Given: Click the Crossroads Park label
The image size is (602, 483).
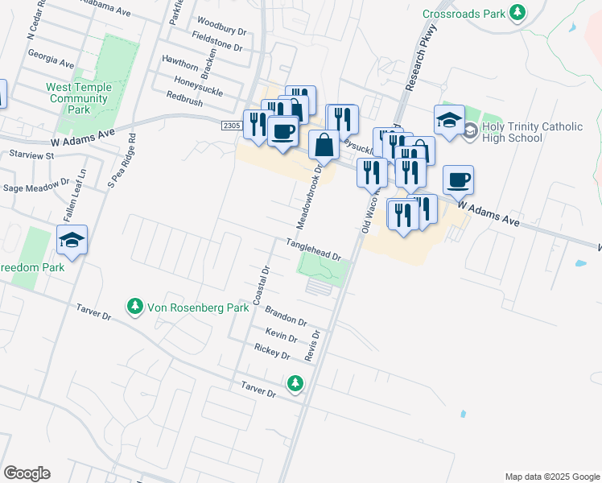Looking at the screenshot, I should (465, 14).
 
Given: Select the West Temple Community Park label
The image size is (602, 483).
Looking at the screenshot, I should (78, 98).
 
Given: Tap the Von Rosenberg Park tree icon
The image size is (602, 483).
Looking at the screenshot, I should (134, 307).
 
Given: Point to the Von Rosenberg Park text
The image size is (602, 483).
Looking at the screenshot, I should (188, 308).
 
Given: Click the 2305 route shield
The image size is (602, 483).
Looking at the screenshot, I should (232, 125).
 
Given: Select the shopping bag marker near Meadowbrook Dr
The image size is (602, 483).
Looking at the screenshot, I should (324, 146).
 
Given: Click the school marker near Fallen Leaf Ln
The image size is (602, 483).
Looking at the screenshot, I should (72, 240).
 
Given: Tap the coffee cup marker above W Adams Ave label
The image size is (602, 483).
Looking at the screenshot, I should (458, 180).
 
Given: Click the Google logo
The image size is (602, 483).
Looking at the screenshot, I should (27, 473).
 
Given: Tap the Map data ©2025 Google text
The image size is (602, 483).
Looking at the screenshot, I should (551, 477).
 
